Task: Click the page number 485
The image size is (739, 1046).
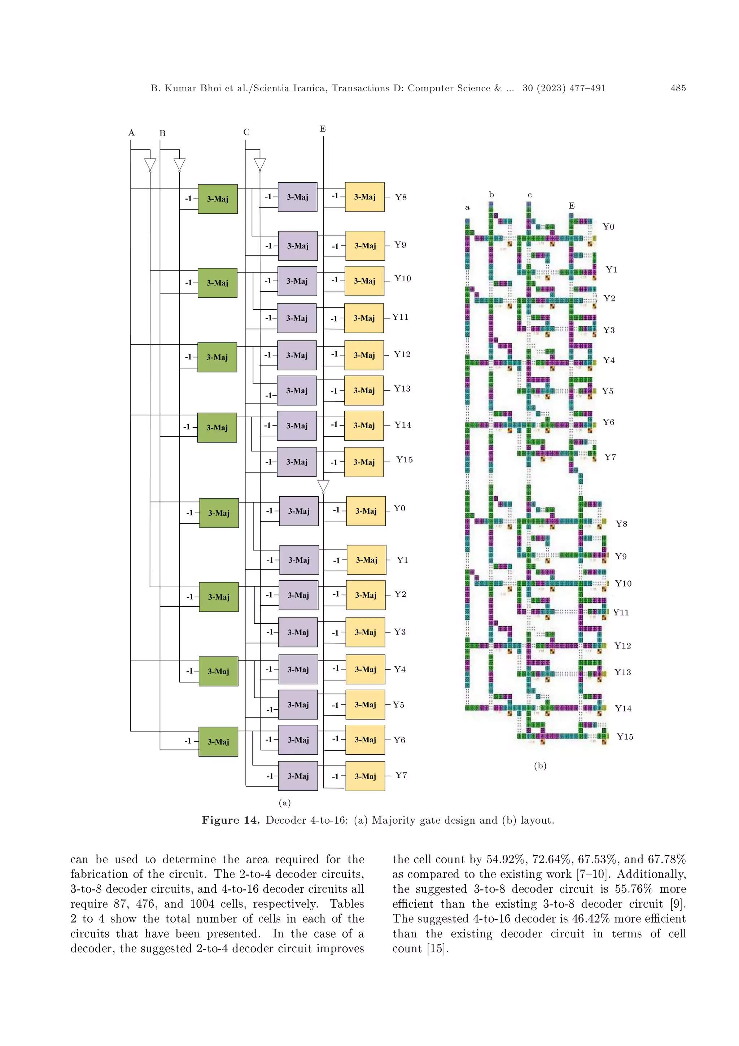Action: coord(678,88)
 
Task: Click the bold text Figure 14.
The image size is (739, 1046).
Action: coord(231,820)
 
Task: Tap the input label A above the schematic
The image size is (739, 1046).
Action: coord(131,133)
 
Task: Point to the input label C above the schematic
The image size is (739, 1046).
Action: coord(246,132)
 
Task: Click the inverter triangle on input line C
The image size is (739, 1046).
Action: coord(259,165)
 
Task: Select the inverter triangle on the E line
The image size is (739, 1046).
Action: coord(323,486)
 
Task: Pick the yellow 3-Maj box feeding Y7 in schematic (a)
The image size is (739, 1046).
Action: coord(365,776)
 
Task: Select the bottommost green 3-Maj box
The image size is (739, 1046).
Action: coord(218,742)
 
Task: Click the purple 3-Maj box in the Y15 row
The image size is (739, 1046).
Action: coord(297,462)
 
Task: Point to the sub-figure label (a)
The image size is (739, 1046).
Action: coord(285,803)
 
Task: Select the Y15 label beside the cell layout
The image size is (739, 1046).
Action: coord(625,737)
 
